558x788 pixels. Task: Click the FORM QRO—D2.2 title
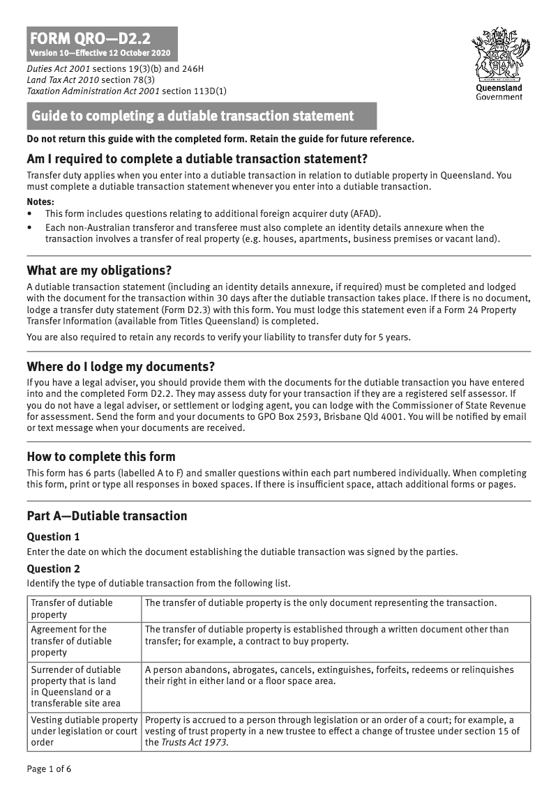90,38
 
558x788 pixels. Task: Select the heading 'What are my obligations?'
99,270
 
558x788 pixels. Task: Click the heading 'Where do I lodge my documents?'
121,366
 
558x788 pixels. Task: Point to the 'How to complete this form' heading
100,457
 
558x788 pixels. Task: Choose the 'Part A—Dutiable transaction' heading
107,516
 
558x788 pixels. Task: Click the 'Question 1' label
53,537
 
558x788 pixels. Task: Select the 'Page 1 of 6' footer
49,769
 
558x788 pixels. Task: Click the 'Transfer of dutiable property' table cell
71,608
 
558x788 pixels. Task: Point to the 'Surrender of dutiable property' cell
75,686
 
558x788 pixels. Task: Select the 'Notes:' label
40,201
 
